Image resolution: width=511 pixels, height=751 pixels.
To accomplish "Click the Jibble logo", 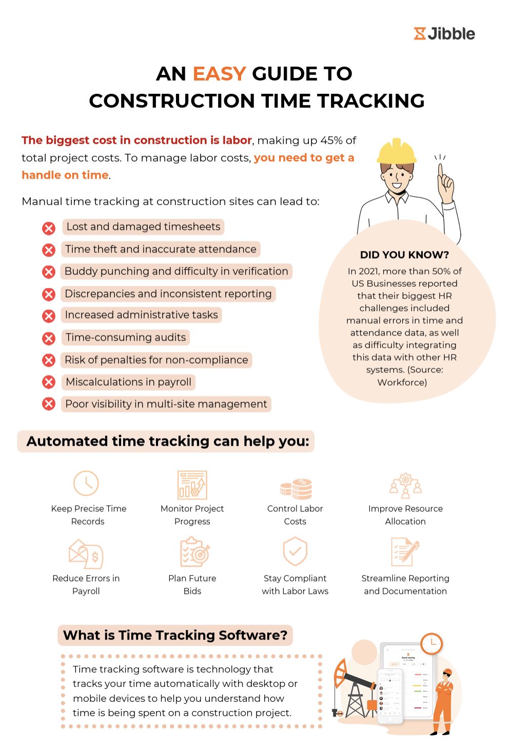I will (444, 34).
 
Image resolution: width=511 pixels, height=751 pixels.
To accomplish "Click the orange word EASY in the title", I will (219, 74).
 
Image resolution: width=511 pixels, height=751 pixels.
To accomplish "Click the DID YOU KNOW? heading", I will (404, 255).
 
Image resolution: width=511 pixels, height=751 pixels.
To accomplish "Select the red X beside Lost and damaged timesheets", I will (49, 228).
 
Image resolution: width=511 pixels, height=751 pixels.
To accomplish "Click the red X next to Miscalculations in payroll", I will (49, 382).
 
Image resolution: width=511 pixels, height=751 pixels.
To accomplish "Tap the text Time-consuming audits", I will (126, 338).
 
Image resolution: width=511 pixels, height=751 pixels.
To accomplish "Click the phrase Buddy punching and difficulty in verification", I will (176, 271).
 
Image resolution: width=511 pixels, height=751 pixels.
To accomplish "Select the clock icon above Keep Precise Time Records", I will (86, 483).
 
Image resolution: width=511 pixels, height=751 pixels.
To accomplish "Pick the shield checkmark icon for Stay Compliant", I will (295, 551).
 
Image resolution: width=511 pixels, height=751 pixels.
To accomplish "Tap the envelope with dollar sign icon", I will (86, 554).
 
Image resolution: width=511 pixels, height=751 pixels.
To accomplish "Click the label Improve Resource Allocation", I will (405, 515).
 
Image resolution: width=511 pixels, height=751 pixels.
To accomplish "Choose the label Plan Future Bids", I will (192, 585).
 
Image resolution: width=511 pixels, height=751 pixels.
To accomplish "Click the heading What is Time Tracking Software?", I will (175, 636).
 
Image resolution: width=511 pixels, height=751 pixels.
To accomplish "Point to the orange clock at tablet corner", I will (431, 643).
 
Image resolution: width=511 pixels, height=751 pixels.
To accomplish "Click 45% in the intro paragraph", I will (331, 141).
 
